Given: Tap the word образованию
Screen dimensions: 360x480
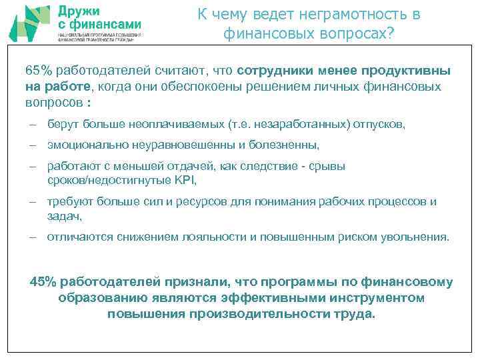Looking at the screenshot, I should [x=101, y=298].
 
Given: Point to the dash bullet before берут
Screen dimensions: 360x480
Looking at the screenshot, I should [x=32, y=125].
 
